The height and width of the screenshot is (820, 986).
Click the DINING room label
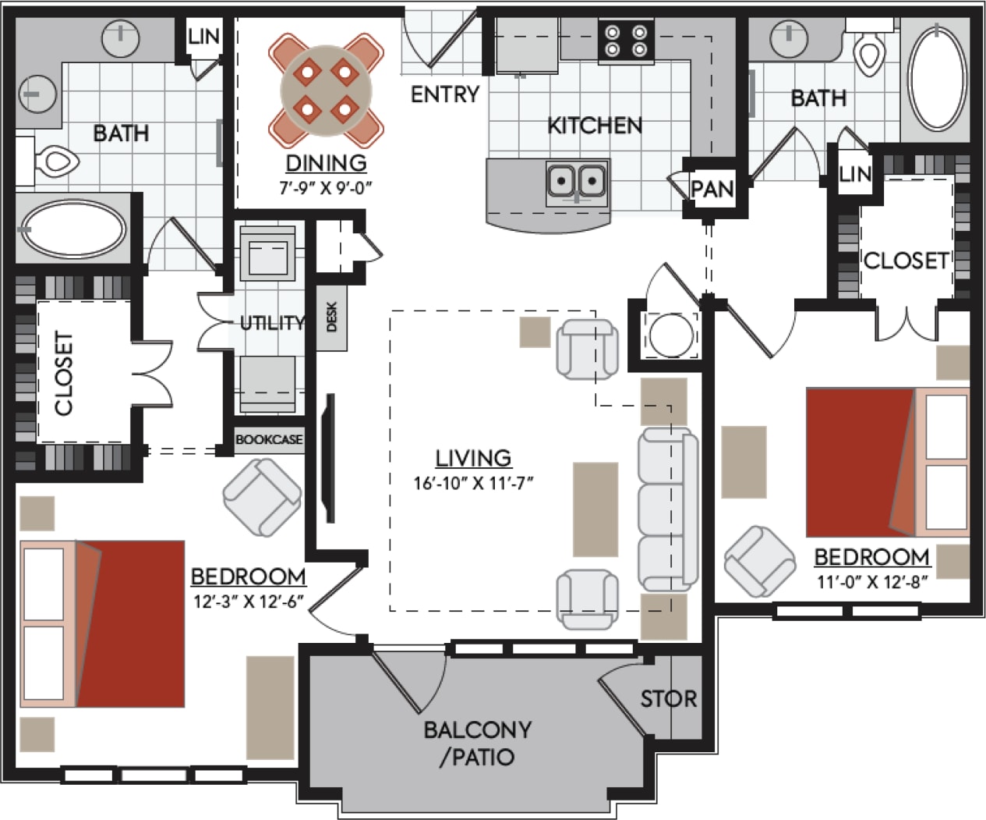326,163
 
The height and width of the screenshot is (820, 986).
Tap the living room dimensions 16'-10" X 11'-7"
472,483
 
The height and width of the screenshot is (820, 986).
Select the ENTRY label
444,94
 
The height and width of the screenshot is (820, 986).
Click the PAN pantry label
712,189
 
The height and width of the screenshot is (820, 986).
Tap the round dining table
326,91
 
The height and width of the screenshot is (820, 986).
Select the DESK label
332,318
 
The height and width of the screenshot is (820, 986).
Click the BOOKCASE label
269,440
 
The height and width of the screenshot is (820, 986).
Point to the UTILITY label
272,322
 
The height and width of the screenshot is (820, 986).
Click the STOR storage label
668,698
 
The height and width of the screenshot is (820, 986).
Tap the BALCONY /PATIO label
477,743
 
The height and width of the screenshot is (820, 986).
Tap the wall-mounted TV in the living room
330,459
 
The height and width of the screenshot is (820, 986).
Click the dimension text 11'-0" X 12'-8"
871,581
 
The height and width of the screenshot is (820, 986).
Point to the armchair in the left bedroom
262,497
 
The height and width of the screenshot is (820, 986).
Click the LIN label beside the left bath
204,36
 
